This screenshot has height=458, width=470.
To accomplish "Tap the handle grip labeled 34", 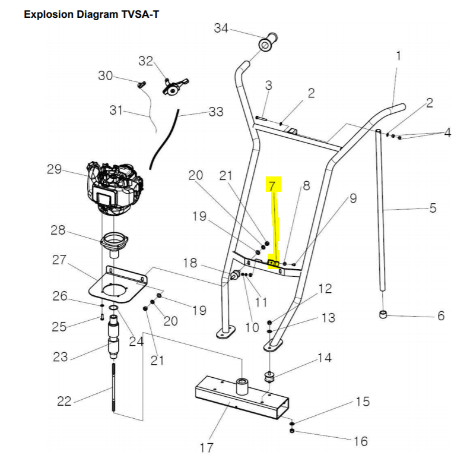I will point(266,44).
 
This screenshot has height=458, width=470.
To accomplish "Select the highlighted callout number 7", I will point(272,186).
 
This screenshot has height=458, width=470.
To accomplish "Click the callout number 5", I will point(432,208).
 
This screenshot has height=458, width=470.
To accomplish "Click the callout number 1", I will point(398,55).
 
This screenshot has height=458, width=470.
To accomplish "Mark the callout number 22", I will point(64,401).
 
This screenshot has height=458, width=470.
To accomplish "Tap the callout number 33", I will point(216,111).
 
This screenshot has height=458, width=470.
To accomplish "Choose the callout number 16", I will point(361,441).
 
